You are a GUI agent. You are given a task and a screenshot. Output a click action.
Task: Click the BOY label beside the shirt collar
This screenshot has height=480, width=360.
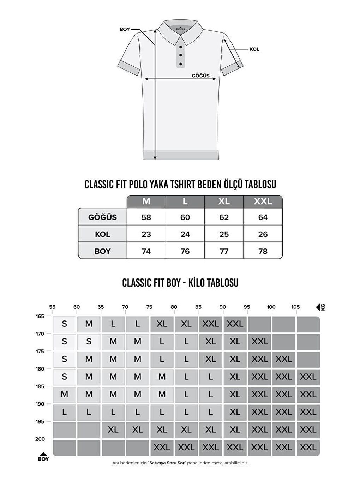[x=125, y=29]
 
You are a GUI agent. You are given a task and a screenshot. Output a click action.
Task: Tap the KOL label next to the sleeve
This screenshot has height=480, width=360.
[x=254, y=49]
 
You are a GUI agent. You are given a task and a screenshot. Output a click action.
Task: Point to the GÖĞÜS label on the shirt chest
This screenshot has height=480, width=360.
[x=200, y=76]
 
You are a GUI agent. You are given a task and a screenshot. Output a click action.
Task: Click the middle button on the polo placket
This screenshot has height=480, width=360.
[x=180, y=55]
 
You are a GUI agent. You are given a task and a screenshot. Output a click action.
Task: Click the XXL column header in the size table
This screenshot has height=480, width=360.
[x=263, y=202]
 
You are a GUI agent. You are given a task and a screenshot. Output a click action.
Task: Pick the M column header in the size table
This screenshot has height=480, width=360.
[x=146, y=202]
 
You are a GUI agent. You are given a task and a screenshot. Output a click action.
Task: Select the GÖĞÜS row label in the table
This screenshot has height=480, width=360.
[x=102, y=217]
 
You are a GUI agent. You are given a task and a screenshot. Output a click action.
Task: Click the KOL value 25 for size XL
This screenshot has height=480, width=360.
[x=224, y=234]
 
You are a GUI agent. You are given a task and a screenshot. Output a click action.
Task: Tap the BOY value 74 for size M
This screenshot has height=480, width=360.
[x=146, y=251]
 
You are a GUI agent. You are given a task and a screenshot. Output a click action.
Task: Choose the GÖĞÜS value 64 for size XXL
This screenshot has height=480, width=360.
[x=263, y=217]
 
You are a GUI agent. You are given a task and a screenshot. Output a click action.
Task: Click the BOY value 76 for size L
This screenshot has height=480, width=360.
[x=185, y=251]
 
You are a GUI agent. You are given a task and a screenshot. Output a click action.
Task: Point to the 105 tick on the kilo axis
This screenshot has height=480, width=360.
[x=295, y=307]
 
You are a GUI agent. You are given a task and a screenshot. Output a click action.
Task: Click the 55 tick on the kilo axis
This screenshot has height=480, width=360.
[x=52, y=307]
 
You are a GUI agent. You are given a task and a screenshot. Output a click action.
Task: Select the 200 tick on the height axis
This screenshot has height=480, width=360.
[x=40, y=439]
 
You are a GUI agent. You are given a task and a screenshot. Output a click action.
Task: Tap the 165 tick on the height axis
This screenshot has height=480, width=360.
[x=40, y=316]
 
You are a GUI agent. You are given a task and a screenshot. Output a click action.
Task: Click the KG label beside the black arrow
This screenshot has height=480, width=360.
[x=323, y=307]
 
